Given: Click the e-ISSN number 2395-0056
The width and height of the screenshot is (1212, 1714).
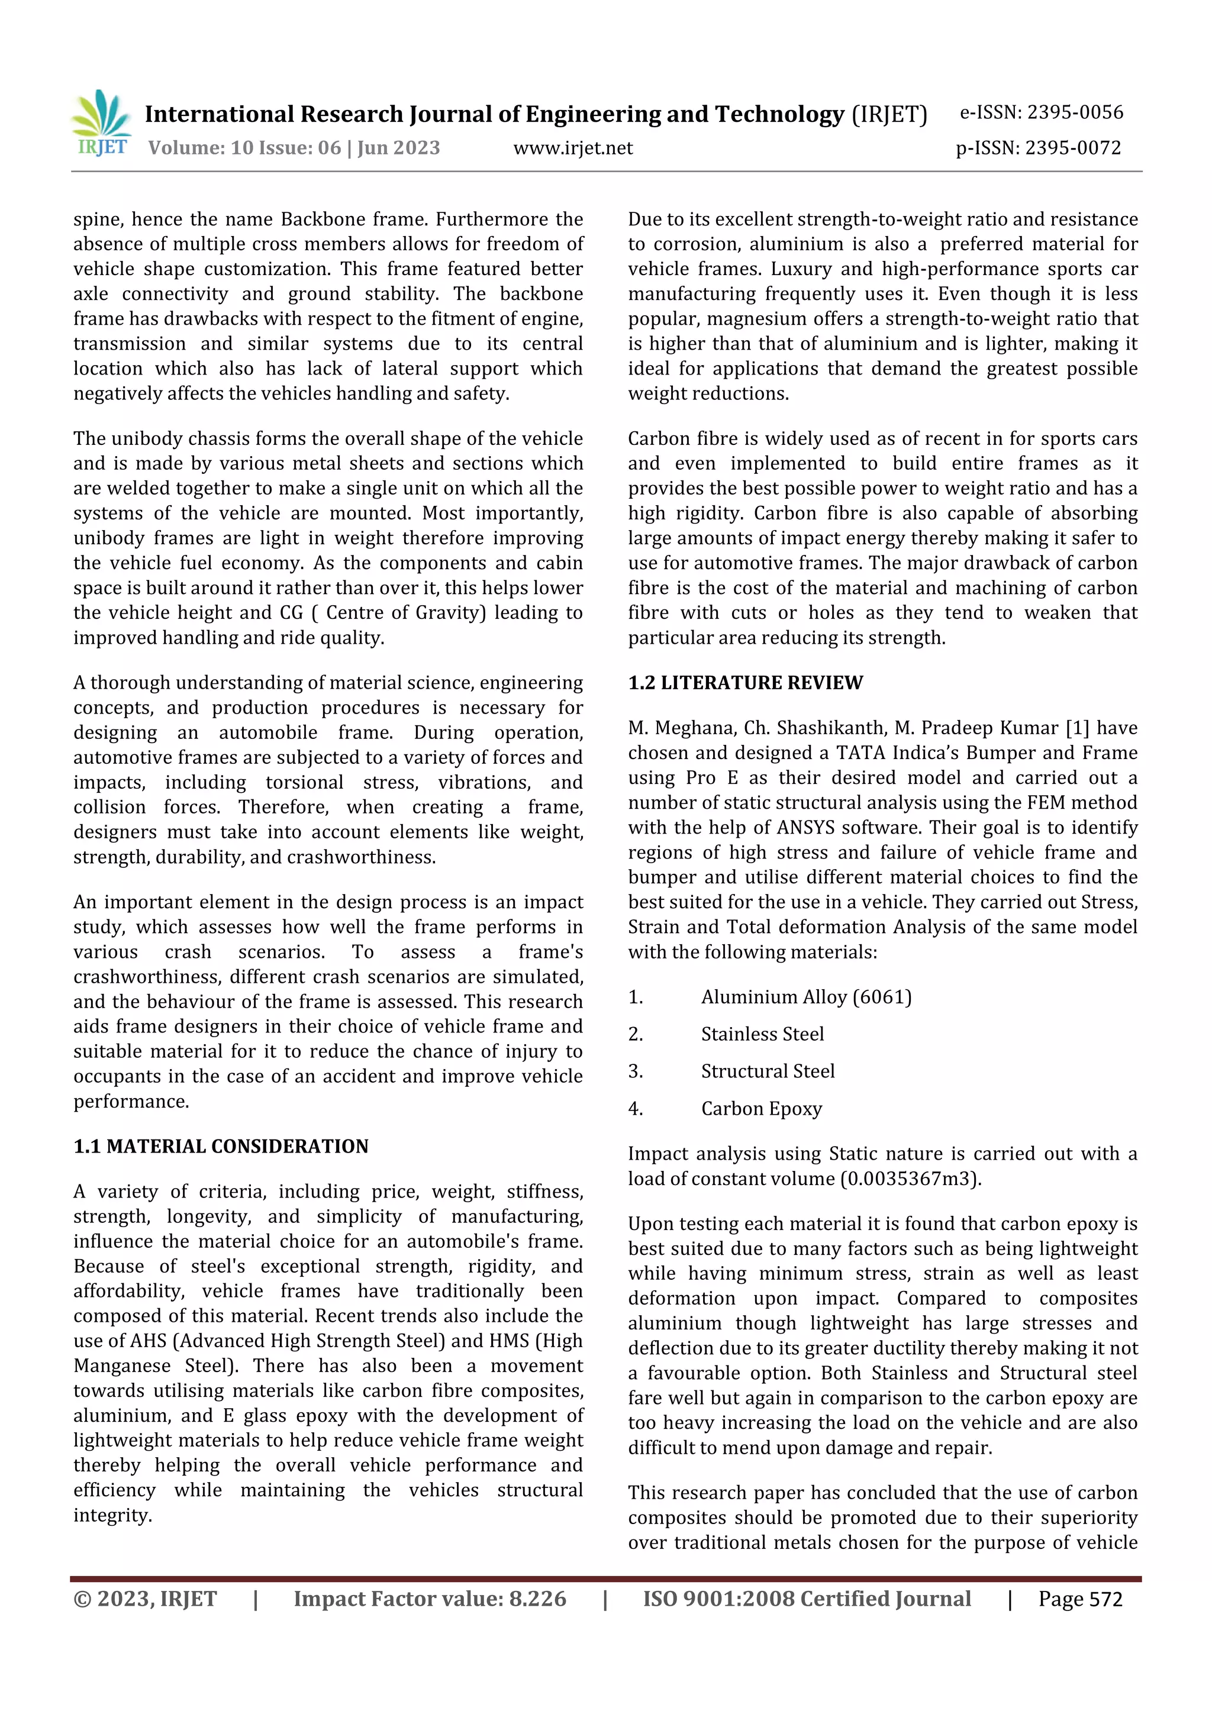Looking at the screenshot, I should pyautogui.click(x=1075, y=113).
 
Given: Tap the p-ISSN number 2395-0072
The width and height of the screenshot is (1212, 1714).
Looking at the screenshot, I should pyautogui.click(x=1072, y=148).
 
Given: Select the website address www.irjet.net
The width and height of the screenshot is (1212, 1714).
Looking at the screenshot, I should pyautogui.click(x=573, y=148).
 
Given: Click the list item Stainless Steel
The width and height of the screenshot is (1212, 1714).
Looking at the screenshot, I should pyautogui.click(x=762, y=1035).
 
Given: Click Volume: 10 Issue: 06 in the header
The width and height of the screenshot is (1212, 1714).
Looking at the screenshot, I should pyautogui.click(x=244, y=148).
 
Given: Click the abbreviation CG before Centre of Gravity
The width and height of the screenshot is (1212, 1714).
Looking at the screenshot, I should pyautogui.click(x=291, y=613).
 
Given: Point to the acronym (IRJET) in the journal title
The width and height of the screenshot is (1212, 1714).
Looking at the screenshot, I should pyautogui.click(x=889, y=114).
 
